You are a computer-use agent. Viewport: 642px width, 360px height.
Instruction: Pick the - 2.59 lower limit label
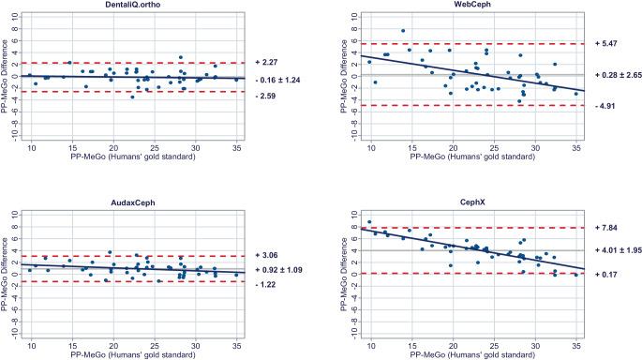[266, 93]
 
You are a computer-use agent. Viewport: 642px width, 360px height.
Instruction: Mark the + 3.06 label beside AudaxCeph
[267, 256]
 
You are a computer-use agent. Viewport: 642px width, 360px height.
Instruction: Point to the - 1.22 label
[266, 282]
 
